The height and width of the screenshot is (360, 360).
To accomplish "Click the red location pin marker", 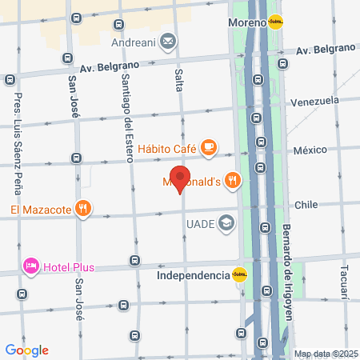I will [x=181, y=179].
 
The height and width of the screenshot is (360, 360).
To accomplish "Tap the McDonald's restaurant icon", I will [x=233, y=180].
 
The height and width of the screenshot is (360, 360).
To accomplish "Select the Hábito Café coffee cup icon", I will [x=208, y=146].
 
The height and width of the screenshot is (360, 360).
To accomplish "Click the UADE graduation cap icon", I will [x=228, y=223].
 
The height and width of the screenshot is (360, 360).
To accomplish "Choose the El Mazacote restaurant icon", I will [x=83, y=210].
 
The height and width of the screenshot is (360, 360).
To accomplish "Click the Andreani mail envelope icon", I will [x=169, y=41].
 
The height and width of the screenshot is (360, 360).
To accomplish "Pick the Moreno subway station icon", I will [x=276, y=22].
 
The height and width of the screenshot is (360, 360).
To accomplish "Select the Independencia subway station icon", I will [x=239, y=275].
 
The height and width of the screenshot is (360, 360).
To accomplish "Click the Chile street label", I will [x=307, y=205].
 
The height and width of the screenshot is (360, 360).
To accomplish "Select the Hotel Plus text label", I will [x=70, y=266].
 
